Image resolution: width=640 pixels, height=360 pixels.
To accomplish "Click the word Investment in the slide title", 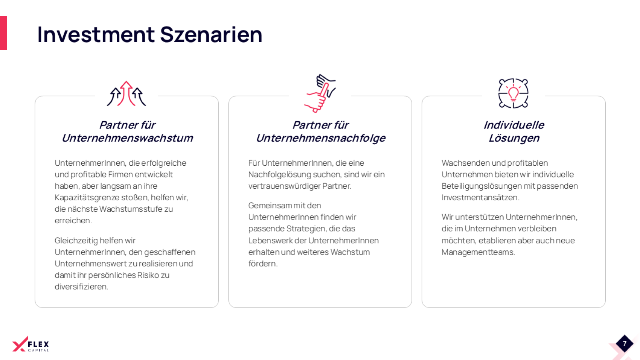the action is click(96, 35).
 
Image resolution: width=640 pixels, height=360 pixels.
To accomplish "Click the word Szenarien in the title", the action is click(211, 35).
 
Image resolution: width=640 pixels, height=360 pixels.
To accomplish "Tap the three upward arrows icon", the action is click(126, 94).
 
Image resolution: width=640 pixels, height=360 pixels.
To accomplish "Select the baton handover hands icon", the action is click(320, 93).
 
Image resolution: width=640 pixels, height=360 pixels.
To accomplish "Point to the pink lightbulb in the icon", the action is click(514, 93).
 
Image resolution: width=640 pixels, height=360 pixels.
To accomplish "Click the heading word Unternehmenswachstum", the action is click(127, 138).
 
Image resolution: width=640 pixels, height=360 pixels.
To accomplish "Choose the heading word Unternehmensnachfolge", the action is click(321, 138).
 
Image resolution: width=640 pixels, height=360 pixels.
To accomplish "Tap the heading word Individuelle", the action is click(514, 125).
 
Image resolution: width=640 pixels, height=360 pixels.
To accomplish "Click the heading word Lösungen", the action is click(514, 138).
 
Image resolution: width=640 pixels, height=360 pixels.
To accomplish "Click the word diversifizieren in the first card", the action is click(81, 287).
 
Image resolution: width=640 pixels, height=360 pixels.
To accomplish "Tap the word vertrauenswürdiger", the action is click(284, 186).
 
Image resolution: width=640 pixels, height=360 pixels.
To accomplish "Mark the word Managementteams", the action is click(478, 252).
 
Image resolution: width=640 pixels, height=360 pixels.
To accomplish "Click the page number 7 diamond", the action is click(625, 343).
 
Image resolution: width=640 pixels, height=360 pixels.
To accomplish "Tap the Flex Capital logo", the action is click(30, 344).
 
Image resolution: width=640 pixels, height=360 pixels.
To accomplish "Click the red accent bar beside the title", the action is click(3, 33).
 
